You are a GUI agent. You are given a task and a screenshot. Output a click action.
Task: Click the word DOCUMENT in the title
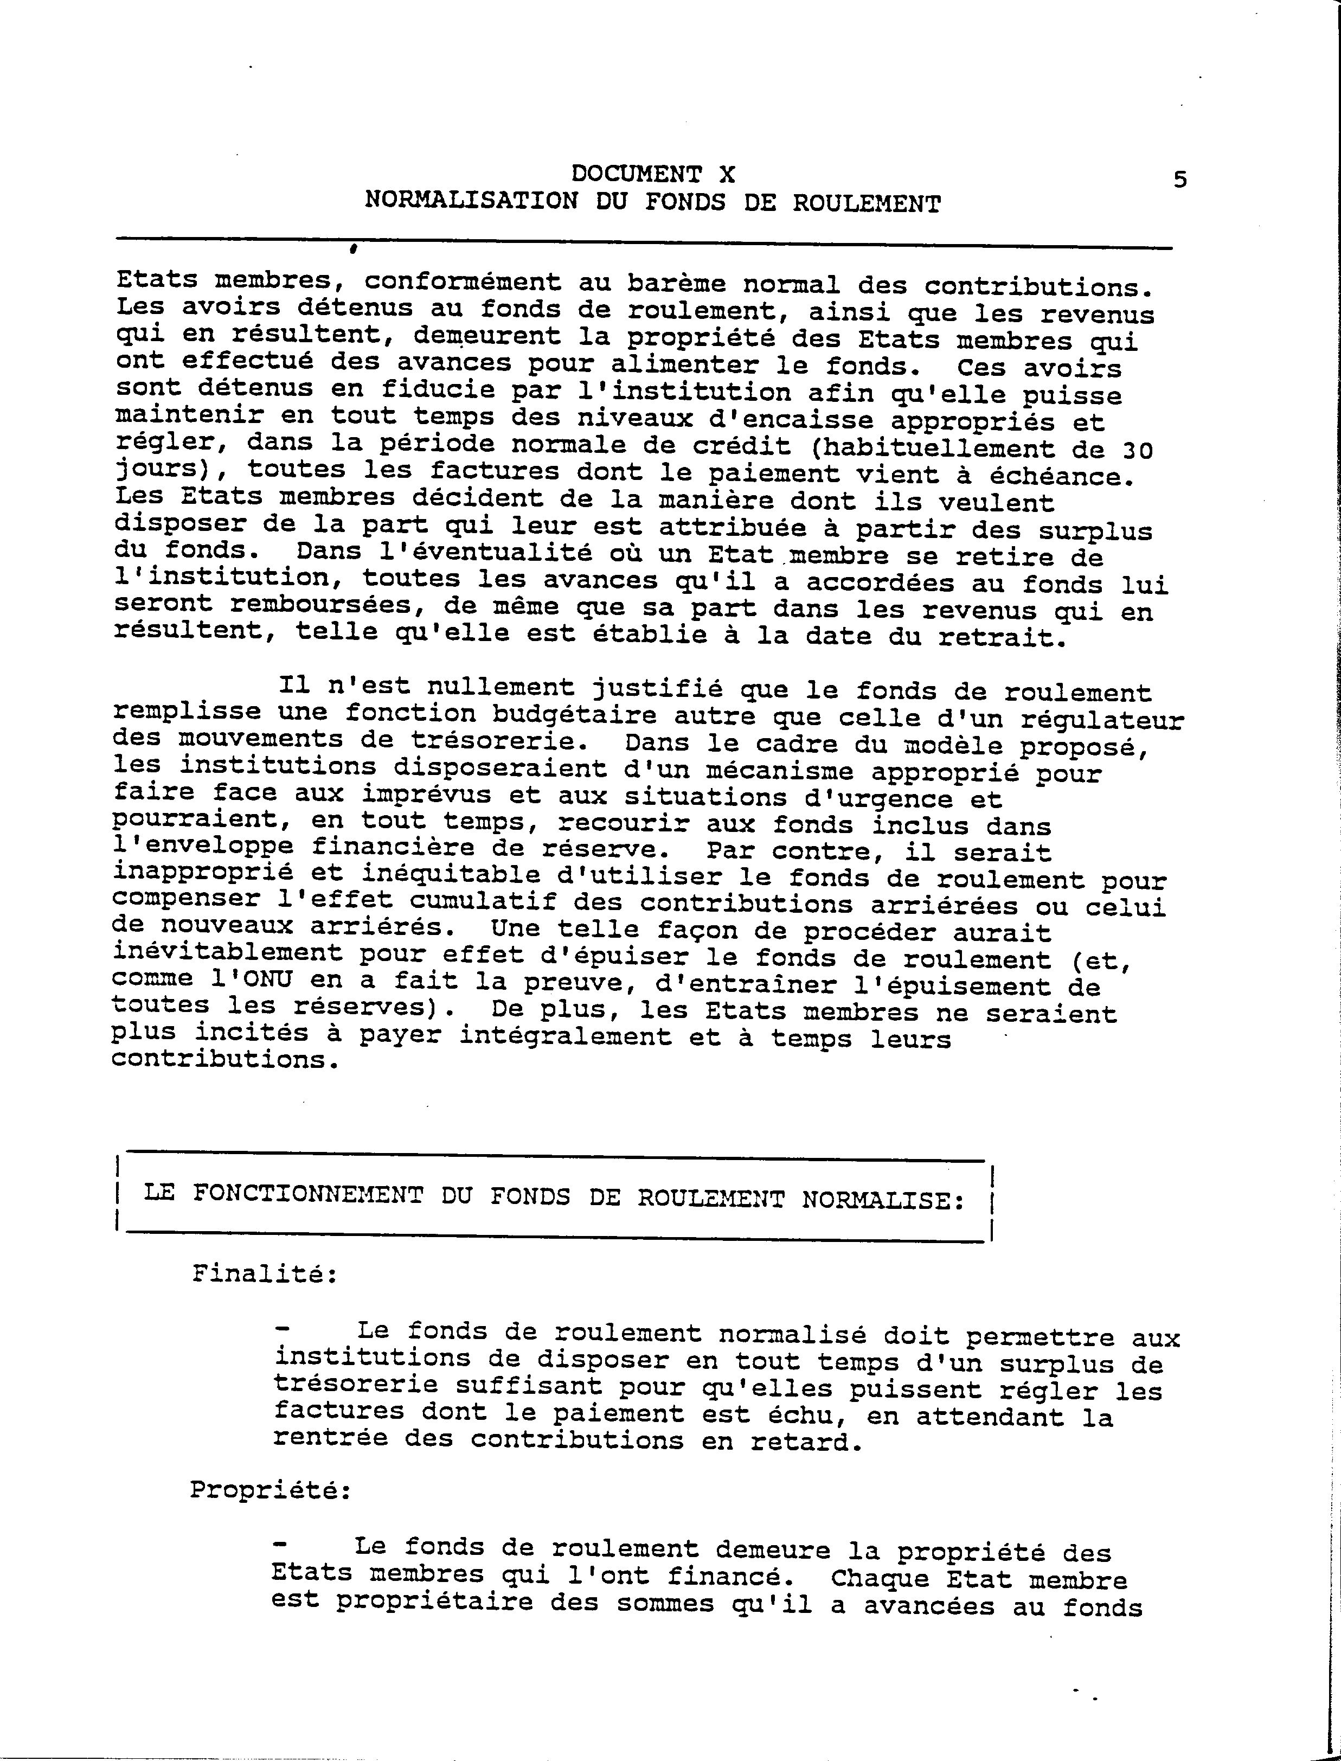[x=636, y=174]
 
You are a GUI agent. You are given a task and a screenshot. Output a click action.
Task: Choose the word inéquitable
[x=453, y=876]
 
